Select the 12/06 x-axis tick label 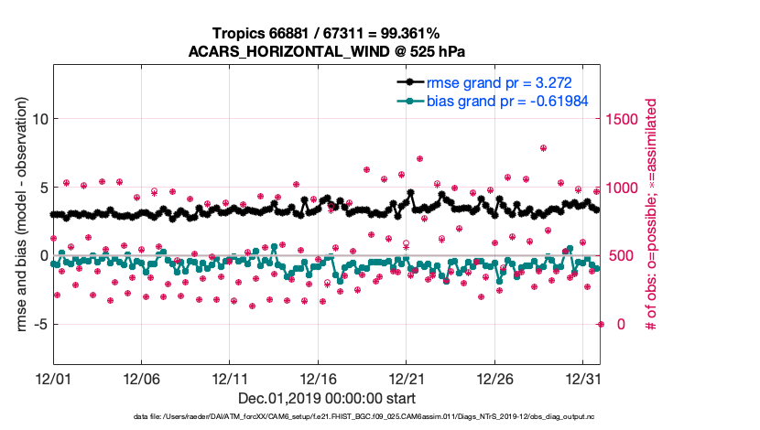[x=142, y=378]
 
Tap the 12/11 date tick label [x=230, y=378]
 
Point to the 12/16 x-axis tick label [x=318, y=378]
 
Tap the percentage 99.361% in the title [x=406, y=34]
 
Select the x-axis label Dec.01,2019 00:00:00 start [x=327, y=398]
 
